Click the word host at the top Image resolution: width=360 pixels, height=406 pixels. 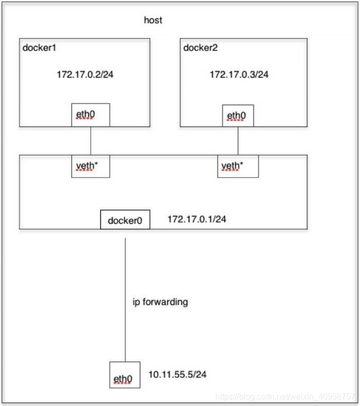(153, 21)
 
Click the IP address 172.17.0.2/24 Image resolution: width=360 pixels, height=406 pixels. (85, 75)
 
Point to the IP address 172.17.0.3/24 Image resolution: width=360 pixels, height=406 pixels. (239, 75)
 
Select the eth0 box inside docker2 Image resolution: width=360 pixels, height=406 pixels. (237, 116)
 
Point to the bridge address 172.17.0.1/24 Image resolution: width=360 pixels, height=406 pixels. (197, 219)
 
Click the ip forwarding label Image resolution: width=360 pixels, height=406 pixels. (160, 302)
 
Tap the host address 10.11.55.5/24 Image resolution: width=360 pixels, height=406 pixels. (178, 374)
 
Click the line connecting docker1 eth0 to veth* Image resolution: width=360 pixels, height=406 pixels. (91, 140)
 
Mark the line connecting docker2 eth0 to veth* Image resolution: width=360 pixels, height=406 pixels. (238, 140)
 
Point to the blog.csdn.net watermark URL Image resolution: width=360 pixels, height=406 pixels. (286, 397)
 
